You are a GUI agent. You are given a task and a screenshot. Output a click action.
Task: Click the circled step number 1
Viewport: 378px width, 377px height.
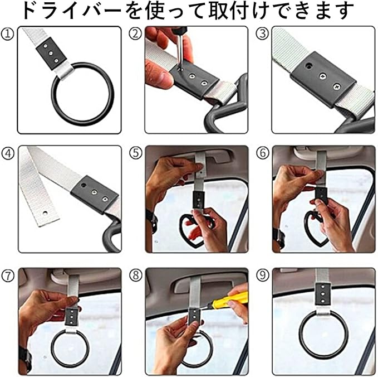tap(7, 34)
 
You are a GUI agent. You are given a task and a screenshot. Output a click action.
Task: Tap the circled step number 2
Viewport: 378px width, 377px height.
tap(135, 34)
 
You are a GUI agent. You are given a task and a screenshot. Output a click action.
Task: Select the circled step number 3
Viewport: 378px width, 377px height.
tap(262, 34)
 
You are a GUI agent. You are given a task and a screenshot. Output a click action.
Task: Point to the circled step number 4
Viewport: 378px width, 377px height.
tap(8, 153)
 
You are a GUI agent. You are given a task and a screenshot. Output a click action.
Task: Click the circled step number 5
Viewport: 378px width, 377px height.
tap(135, 153)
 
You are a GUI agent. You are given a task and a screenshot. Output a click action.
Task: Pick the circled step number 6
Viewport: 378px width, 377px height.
tap(263, 153)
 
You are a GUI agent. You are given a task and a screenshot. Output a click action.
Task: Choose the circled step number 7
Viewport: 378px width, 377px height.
tap(8, 275)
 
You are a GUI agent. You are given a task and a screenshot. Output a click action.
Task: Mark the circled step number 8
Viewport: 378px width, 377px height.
tap(135, 275)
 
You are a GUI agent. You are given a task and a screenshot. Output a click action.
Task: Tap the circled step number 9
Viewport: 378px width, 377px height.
tap(263, 275)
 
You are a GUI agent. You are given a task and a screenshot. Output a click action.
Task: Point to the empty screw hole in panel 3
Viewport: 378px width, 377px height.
tap(308, 65)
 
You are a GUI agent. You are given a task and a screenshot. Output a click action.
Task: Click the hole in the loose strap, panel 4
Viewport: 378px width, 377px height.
tap(45, 214)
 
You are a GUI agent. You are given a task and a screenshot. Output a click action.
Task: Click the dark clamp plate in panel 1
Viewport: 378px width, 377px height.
tap(51, 54)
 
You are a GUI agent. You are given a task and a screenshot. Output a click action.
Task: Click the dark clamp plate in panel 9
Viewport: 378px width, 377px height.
tap(323, 294)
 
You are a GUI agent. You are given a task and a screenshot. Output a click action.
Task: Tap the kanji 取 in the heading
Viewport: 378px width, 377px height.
tap(218, 11)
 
